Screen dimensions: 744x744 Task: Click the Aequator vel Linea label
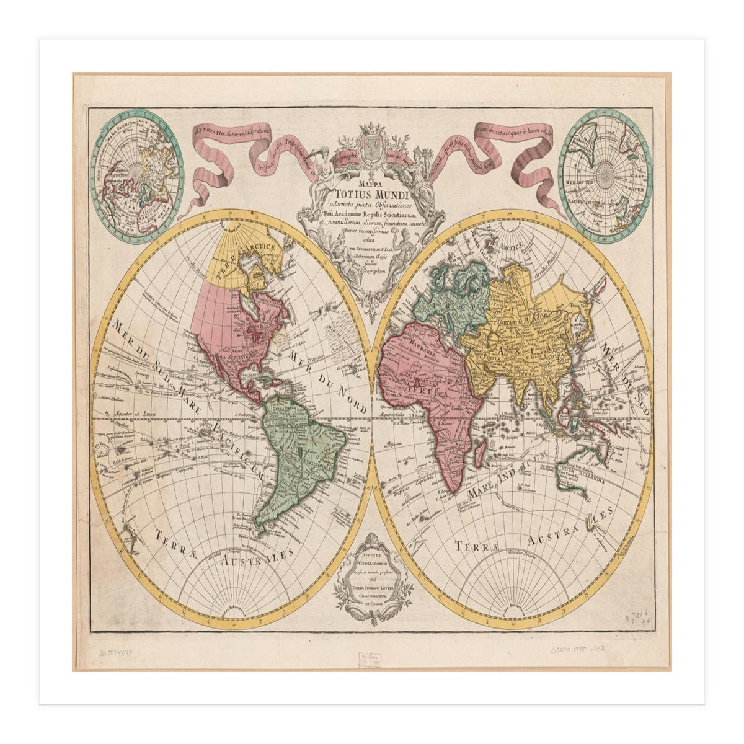tap(133, 414)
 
